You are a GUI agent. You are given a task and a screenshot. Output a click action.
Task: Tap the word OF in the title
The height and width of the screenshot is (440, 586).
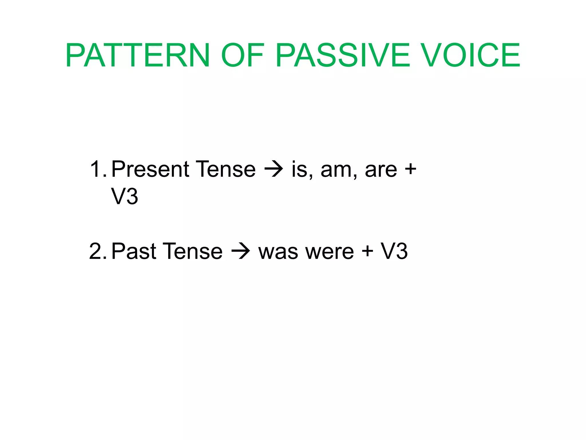(242, 55)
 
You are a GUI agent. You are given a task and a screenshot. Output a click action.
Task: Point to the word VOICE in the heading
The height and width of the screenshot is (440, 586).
(471, 55)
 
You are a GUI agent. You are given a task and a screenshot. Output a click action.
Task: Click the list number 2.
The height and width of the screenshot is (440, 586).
(97, 251)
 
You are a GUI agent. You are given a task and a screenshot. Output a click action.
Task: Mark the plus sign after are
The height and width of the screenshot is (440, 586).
(410, 169)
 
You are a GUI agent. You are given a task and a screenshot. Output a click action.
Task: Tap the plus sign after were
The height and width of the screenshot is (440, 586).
(367, 251)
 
